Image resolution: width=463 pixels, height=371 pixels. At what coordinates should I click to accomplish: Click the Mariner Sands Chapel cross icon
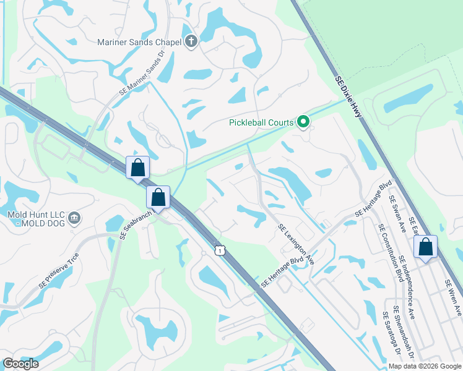191,42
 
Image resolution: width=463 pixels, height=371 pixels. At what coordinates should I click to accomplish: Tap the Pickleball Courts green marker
303,122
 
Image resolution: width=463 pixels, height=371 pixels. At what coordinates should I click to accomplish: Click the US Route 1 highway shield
219,249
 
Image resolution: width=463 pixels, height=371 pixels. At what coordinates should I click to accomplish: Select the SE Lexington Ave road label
296,244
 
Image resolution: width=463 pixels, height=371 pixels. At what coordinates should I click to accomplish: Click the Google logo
20,364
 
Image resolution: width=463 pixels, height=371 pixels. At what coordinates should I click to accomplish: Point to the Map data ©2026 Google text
425,366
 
